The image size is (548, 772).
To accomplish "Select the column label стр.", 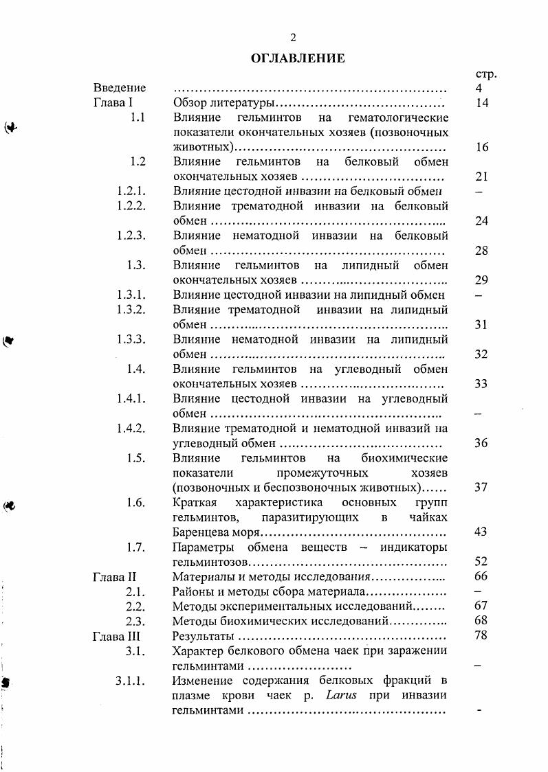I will [x=485, y=73].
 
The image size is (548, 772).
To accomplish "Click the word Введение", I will [x=120, y=88].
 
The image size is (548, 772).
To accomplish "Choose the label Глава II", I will [x=114, y=576].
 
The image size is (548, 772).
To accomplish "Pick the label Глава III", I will [x=116, y=635].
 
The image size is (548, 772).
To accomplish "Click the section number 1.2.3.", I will [x=131, y=236].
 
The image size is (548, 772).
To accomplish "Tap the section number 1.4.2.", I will [x=131, y=428].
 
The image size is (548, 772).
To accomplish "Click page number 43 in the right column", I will [x=481, y=532].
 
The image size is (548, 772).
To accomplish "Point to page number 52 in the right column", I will [x=481, y=561].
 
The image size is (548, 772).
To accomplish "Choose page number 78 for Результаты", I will [x=481, y=635].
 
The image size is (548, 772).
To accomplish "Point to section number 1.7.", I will [x=135, y=547].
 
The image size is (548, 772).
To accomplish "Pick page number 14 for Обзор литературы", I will [x=481, y=103].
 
